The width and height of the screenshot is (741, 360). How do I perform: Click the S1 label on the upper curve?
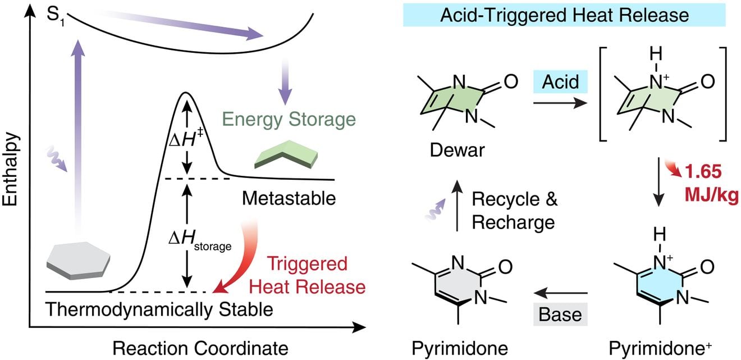coord(55,16)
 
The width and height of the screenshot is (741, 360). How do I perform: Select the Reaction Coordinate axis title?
coord(200,348)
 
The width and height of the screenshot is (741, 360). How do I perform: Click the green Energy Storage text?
coord(289,120)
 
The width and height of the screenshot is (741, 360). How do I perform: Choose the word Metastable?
coord(289,198)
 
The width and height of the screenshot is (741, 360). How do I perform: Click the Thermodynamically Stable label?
coord(159,309)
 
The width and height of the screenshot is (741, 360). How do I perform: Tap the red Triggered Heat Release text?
coord(307,275)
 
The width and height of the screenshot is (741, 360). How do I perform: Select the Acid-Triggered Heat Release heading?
coord(564,15)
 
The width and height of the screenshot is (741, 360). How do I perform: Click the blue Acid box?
coord(560,81)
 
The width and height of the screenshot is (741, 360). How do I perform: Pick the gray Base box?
coord(560,314)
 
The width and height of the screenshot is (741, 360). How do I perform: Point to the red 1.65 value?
coord(703,171)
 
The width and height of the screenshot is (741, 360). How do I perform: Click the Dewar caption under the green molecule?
coord(457,150)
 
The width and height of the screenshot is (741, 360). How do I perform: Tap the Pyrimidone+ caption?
coord(660,348)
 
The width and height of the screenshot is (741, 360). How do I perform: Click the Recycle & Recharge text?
coord(514,211)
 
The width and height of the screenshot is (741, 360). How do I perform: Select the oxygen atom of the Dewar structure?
coord(511,81)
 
